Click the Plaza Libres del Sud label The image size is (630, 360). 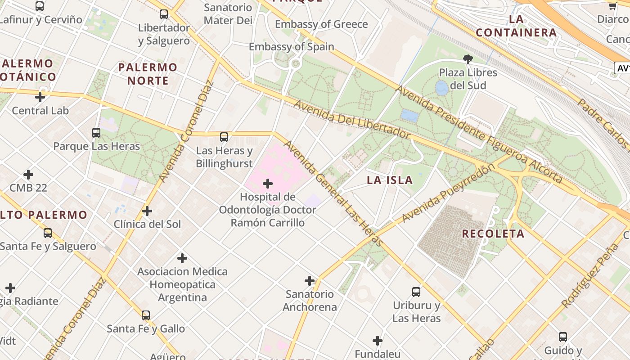468,79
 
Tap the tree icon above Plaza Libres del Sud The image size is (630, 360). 468,58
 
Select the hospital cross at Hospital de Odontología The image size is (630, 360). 268,184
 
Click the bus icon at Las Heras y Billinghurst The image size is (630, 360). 224,137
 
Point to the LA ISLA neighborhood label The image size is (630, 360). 390,180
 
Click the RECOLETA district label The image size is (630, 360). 493,234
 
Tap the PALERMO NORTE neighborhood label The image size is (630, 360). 148,74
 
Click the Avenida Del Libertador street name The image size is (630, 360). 352,120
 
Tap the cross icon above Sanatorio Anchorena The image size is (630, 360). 310,281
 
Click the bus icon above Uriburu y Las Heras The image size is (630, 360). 416,292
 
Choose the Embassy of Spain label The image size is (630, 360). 292,47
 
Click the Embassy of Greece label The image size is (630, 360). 321,24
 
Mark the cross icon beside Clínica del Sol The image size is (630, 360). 147,211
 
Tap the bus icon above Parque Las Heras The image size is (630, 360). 96,133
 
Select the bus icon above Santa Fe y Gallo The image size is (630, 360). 146,315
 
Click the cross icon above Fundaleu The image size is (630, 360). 378,341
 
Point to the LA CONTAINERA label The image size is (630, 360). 516,26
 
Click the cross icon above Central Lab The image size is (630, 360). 40,97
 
